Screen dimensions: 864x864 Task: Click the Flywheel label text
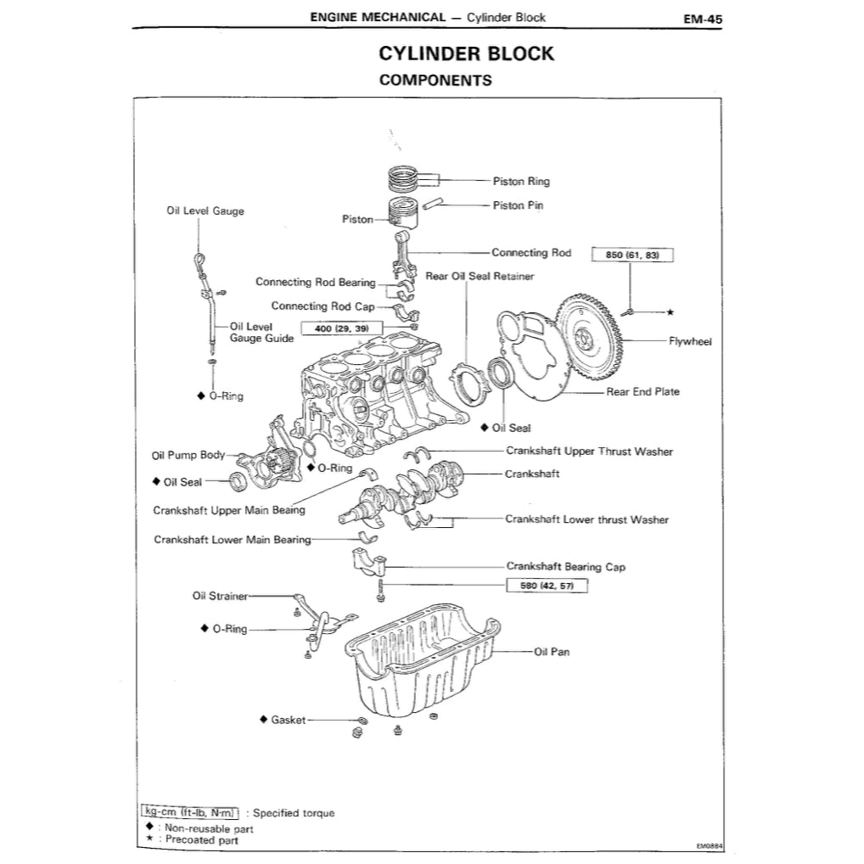tap(690, 341)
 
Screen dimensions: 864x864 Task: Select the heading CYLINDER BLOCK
tap(466, 53)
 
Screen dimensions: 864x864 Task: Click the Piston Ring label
tap(521, 181)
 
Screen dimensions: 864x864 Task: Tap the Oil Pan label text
tap(552, 652)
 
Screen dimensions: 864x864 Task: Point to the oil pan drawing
tap(420, 662)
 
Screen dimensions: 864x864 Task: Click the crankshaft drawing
tap(407, 488)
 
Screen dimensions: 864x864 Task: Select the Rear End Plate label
tap(642, 392)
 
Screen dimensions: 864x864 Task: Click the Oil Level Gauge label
tap(205, 210)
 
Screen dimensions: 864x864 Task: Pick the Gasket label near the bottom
tap(288, 720)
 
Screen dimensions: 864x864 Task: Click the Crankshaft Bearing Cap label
tap(565, 566)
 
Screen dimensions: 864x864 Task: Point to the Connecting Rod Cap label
tap(311, 306)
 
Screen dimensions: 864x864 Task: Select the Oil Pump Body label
tap(188, 455)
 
